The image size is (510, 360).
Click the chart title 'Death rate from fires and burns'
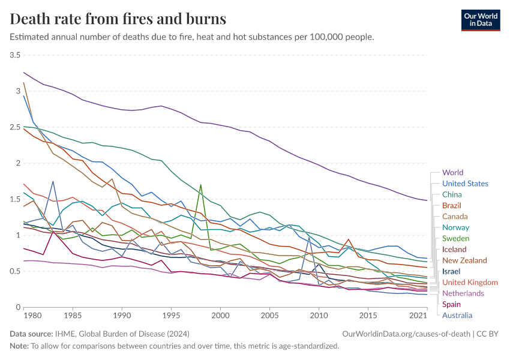[x=118, y=19]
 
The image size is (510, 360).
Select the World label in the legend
[x=452, y=173]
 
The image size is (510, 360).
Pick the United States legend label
[x=465, y=184]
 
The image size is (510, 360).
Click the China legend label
[x=451, y=194]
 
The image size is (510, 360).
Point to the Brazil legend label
[x=451, y=205]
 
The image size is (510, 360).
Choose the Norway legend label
[x=455, y=227]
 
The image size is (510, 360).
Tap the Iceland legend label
[x=454, y=250]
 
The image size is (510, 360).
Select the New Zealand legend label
[x=465, y=260]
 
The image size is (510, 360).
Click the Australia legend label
[x=457, y=315]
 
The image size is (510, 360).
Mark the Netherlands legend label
[x=463, y=293]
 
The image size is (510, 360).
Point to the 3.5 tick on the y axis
[x=15, y=55]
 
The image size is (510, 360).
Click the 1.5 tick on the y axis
[x=15, y=199]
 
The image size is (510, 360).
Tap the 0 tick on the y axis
[x=18, y=307]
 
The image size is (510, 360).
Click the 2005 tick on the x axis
[x=269, y=316]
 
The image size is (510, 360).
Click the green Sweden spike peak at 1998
[x=200, y=185]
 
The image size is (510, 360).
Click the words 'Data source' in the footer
[x=31, y=333]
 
